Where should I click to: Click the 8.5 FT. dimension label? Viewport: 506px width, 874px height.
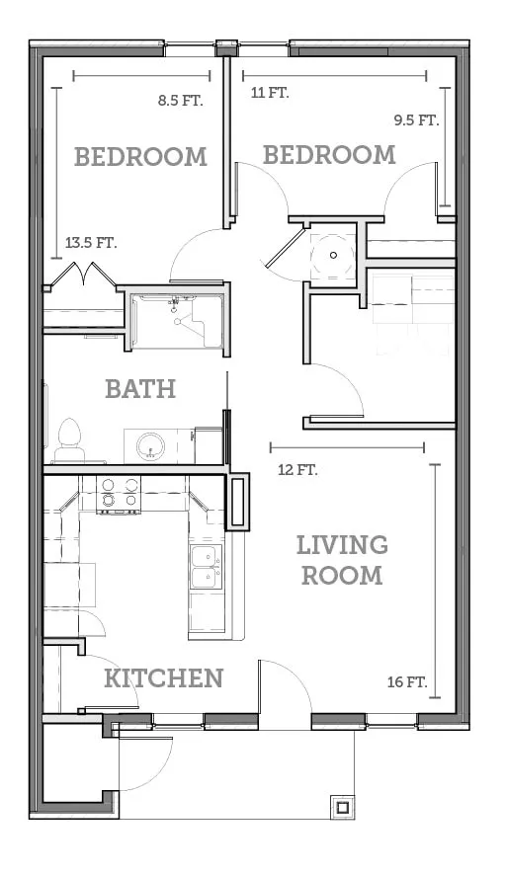tap(180, 101)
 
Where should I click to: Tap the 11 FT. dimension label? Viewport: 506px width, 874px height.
tap(270, 93)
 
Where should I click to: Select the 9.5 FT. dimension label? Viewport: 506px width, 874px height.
tap(417, 119)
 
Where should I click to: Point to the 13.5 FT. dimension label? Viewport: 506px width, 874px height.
tap(92, 243)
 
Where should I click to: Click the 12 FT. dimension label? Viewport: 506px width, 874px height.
tap(297, 470)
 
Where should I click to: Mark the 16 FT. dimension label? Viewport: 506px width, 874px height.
tap(407, 681)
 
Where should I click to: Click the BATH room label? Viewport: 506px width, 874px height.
tap(140, 389)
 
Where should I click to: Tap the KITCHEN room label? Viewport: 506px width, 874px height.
tap(163, 678)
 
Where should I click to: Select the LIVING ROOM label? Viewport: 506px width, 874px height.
tap(342, 560)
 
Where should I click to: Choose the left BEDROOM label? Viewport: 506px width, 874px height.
tap(140, 157)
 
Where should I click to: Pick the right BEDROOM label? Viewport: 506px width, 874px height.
tap(329, 154)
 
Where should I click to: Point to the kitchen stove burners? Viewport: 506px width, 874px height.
tap(119, 494)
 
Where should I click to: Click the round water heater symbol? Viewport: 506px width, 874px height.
tap(333, 255)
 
